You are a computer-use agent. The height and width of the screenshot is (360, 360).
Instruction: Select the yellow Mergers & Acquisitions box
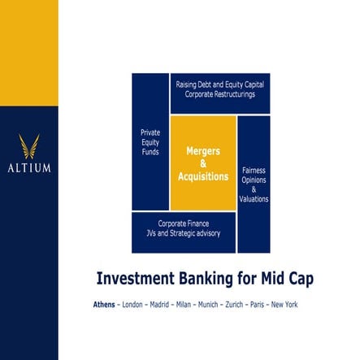202,163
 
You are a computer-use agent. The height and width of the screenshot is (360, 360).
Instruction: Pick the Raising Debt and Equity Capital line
219,84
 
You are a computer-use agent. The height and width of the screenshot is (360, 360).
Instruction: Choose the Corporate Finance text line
183,223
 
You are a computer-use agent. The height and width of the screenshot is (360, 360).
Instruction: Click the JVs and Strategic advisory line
183,233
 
